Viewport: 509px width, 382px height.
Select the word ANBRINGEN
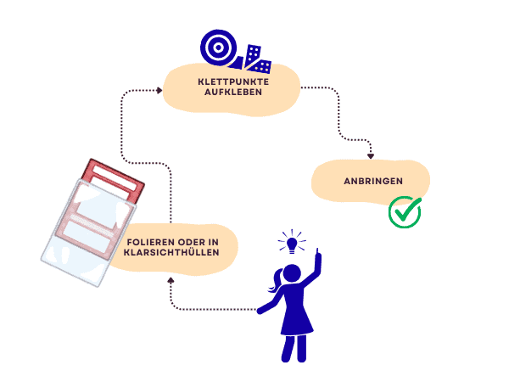click(x=373, y=181)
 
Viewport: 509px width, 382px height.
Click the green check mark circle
click(x=405, y=212)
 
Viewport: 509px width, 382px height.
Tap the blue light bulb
click(x=293, y=244)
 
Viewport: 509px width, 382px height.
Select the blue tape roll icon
click(x=217, y=48)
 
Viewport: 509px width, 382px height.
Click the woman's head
click(x=291, y=274)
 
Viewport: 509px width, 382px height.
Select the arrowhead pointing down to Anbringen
click(x=371, y=154)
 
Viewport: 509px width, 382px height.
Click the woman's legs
click(x=295, y=348)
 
